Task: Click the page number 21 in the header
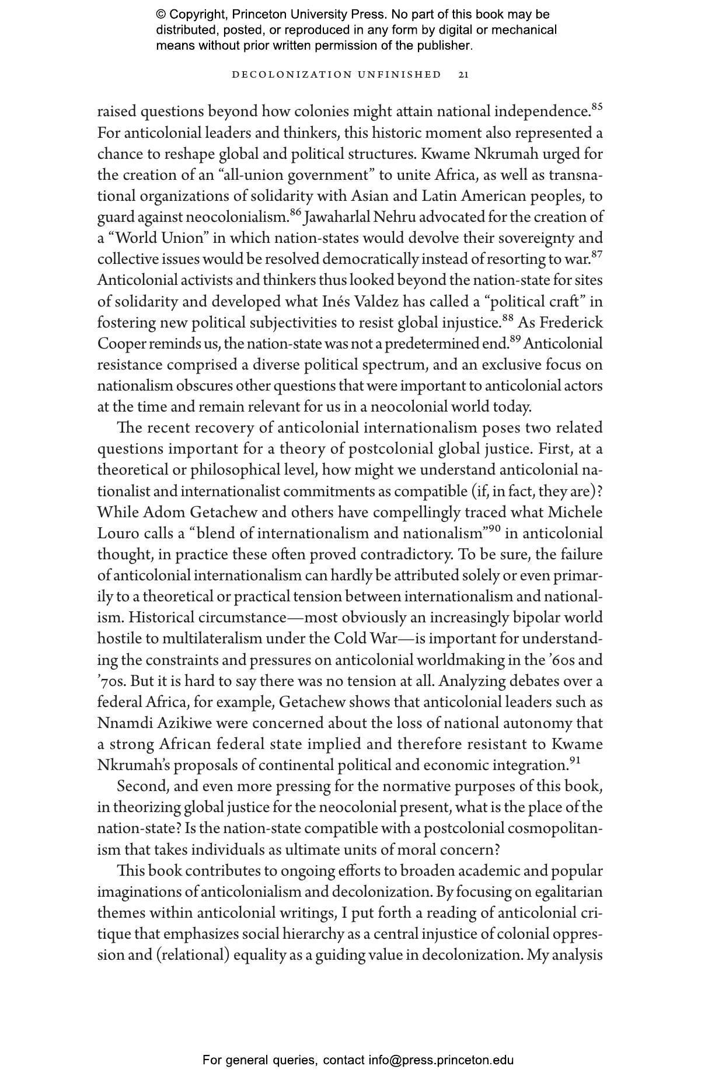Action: (x=464, y=75)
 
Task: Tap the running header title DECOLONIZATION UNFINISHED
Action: (x=337, y=75)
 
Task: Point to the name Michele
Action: (x=576, y=513)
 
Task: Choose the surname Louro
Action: (x=118, y=534)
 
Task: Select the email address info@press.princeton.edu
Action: (x=441, y=1060)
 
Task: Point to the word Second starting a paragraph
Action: (x=142, y=786)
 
